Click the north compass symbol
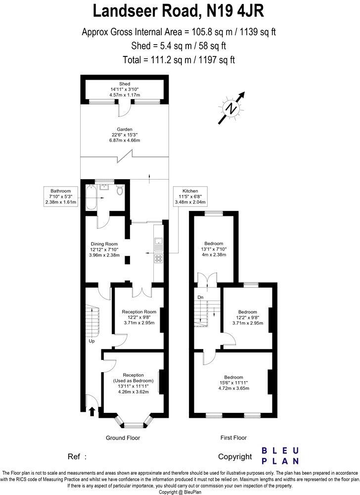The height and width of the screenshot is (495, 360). (x=230, y=107)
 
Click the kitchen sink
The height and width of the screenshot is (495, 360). (x=159, y=243)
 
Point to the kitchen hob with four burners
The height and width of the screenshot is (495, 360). (x=159, y=258)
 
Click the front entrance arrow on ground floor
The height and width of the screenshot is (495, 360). (x=91, y=410)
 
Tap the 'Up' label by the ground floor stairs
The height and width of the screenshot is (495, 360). (x=91, y=341)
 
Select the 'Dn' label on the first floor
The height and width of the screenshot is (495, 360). (x=200, y=297)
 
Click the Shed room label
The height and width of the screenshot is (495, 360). (x=125, y=84)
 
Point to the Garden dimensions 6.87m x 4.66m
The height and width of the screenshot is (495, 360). (x=125, y=141)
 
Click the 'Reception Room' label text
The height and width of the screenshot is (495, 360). (x=139, y=311)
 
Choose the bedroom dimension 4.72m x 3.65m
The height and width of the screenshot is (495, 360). (x=233, y=389)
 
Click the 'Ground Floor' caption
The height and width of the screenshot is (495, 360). (x=123, y=438)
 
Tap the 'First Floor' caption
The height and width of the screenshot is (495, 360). (x=233, y=438)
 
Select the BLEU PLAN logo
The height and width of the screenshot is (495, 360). (x=279, y=455)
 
